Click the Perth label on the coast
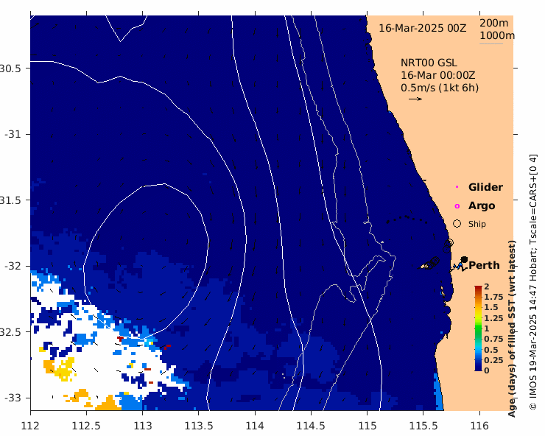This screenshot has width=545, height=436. [484, 265]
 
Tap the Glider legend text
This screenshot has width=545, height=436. [485, 188]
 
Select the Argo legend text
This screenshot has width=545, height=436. [482, 206]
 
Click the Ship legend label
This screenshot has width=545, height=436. [477, 224]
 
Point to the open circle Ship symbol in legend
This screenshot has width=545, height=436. [457, 223]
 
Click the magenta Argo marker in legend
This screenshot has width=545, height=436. [457, 206]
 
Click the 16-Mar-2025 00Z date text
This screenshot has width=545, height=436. [423, 28]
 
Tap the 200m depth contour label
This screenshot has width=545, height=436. [495, 23]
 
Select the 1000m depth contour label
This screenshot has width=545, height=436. [497, 35]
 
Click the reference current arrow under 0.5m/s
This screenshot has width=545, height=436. [415, 99]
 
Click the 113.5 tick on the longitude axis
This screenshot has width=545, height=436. [199, 425]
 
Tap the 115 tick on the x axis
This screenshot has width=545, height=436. [368, 425]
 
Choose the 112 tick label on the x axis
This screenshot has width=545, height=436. [31, 425]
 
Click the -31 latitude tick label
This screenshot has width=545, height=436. [14, 134]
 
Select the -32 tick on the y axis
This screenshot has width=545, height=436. [14, 265]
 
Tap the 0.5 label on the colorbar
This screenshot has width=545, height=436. [490, 349]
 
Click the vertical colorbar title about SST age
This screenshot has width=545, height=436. [512, 328]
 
